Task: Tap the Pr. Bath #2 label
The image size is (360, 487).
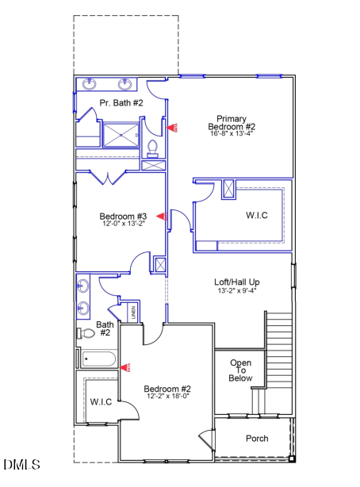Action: pyautogui.click(x=121, y=103)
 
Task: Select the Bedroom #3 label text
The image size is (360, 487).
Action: pyautogui.click(x=123, y=216)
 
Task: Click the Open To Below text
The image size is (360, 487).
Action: pyautogui.click(x=241, y=370)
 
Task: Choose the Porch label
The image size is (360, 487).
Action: pyautogui.click(x=256, y=439)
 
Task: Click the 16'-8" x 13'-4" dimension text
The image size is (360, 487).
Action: pyautogui.click(x=232, y=134)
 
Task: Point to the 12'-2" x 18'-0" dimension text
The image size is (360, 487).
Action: pyautogui.click(x=167, y=397)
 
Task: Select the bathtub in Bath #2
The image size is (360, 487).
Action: pyautogui.click(x=100, y=359)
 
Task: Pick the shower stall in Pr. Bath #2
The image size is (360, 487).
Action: pyautogui.click(x=121, y=133)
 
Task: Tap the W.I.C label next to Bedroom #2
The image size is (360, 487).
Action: pyautogui.click(x=101, y=401)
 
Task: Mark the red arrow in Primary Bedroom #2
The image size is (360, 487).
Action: pyautogui.click(x=173, y=127)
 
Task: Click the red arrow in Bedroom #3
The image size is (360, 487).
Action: pyautogui.click(x=160, y=216)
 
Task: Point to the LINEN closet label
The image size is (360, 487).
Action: pyautogui.click(x=133, y=313)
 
